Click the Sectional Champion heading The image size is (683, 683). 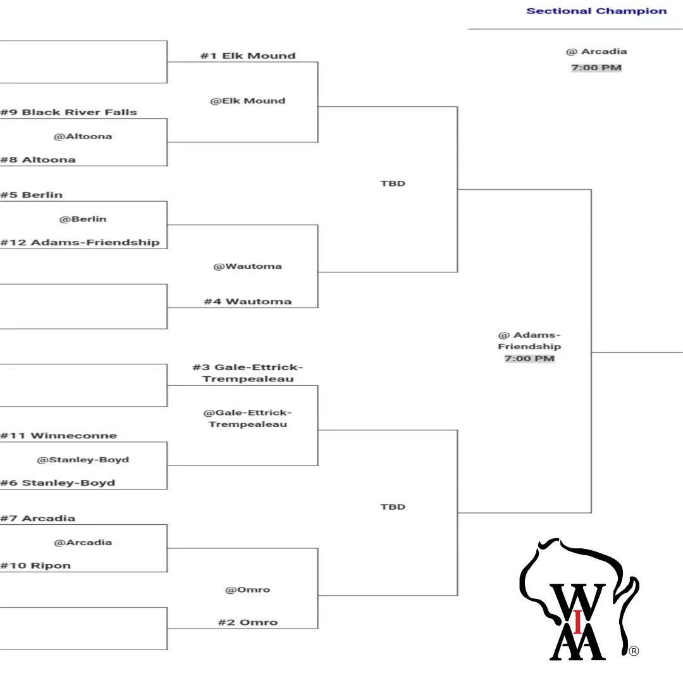point(596,11)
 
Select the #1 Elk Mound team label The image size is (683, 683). point(247,56)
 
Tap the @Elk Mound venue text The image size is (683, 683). point(247,101)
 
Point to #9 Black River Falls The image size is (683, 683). point(68,112)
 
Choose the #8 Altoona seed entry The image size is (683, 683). point(38,159)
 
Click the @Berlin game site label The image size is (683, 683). point(83,219)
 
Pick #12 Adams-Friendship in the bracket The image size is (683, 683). point(80,242)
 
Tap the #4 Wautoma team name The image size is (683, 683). point(247,302)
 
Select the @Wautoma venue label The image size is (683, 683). point(247,266)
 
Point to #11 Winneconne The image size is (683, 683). point(59,435)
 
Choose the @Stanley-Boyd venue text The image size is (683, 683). point(83,459)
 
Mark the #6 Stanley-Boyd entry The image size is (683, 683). point(58,483)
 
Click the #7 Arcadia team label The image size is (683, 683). point(38,518)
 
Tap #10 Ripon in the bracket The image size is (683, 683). point(35,565)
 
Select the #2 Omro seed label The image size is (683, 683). point(247,622)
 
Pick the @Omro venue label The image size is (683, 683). point(247,589)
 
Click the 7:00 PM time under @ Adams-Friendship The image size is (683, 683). point(529,359)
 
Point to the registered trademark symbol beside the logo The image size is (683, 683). point(633,651)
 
